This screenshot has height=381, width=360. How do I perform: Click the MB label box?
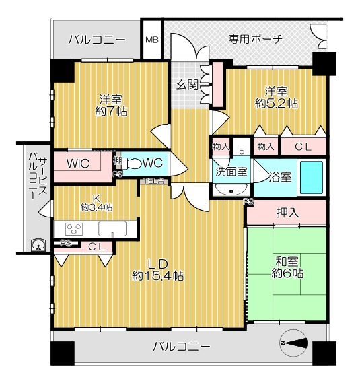point(153,39)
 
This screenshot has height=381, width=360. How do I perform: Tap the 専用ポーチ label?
point(255,38)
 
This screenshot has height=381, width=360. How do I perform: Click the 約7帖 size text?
point(111,110)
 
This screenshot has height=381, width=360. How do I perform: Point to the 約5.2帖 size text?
point(277,104)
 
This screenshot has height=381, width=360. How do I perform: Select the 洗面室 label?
point(231,171)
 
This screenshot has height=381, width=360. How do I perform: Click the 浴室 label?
point(280,178)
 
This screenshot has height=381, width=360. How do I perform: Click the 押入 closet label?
point(287,213)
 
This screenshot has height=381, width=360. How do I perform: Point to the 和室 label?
point(287,261)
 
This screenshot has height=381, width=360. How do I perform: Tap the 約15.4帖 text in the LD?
point(158,275)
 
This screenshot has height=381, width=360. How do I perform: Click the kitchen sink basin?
point(112,228)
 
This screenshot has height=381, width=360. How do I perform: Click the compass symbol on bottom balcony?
point(295,345)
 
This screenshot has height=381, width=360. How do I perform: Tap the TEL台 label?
point(155,180)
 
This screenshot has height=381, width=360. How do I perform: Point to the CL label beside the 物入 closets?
point(303,145)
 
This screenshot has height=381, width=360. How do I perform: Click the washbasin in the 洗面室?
point(231,190)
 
